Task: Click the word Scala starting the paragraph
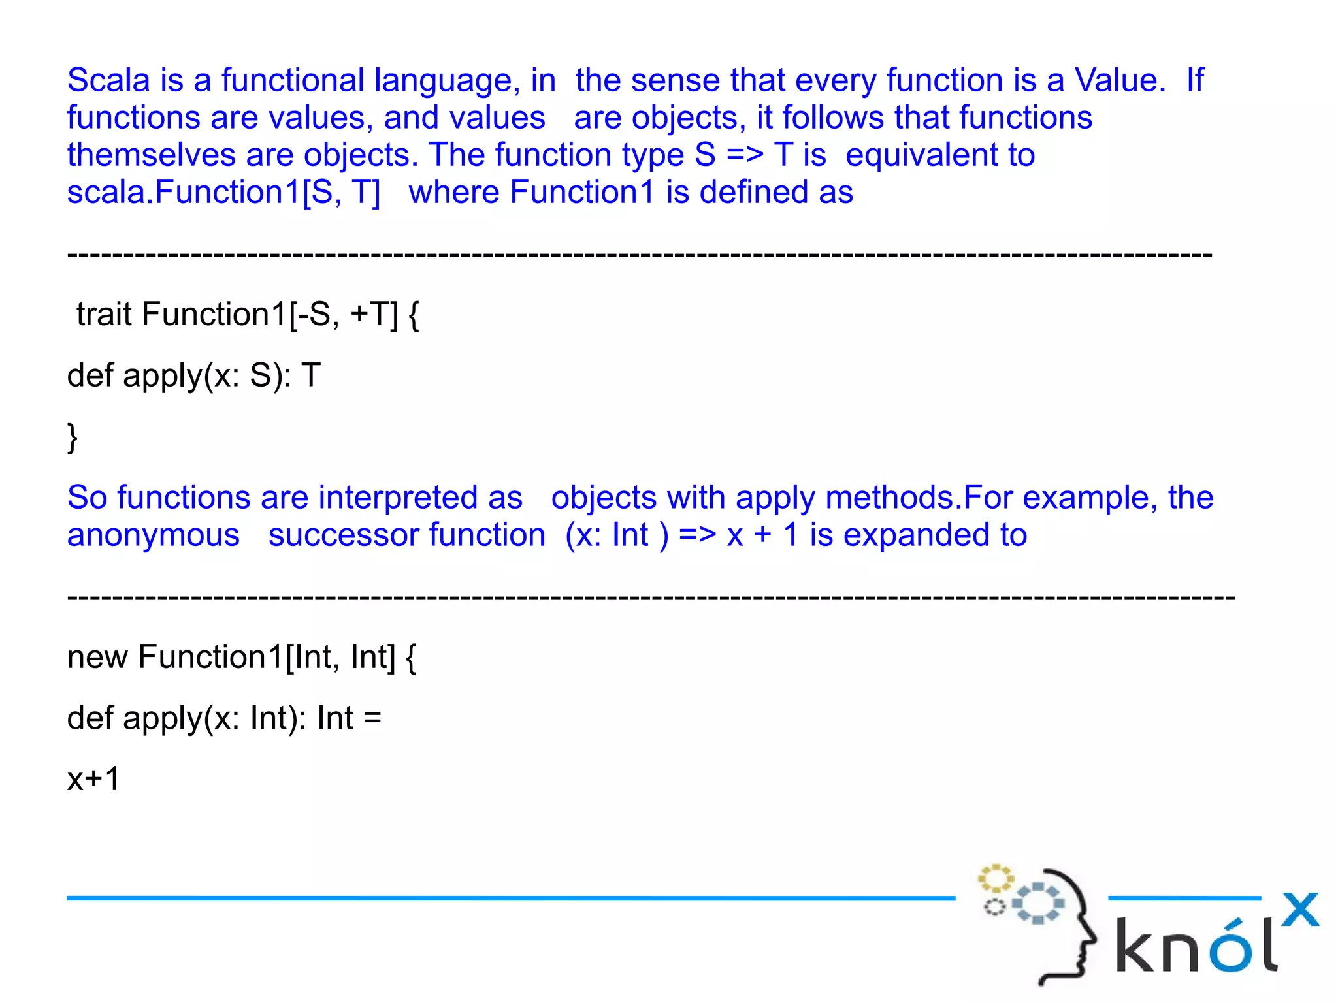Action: (108, 80)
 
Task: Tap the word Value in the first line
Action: (1120, 80)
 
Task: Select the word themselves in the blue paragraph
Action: (151, 155)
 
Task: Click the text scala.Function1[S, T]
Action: (223, 193)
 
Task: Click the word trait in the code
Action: (104, 314)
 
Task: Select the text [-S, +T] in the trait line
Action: (344, 314)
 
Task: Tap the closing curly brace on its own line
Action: (73, 437)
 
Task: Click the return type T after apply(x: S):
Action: (311, 375)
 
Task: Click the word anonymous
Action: (154, 535)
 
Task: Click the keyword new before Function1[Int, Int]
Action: (97, 657)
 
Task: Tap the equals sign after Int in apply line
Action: (372, 718)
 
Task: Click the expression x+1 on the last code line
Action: (93, 779)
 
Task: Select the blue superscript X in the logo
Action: (1300, 909)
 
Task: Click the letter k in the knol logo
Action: (1137, 946)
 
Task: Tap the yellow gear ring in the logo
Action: (996, 878)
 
